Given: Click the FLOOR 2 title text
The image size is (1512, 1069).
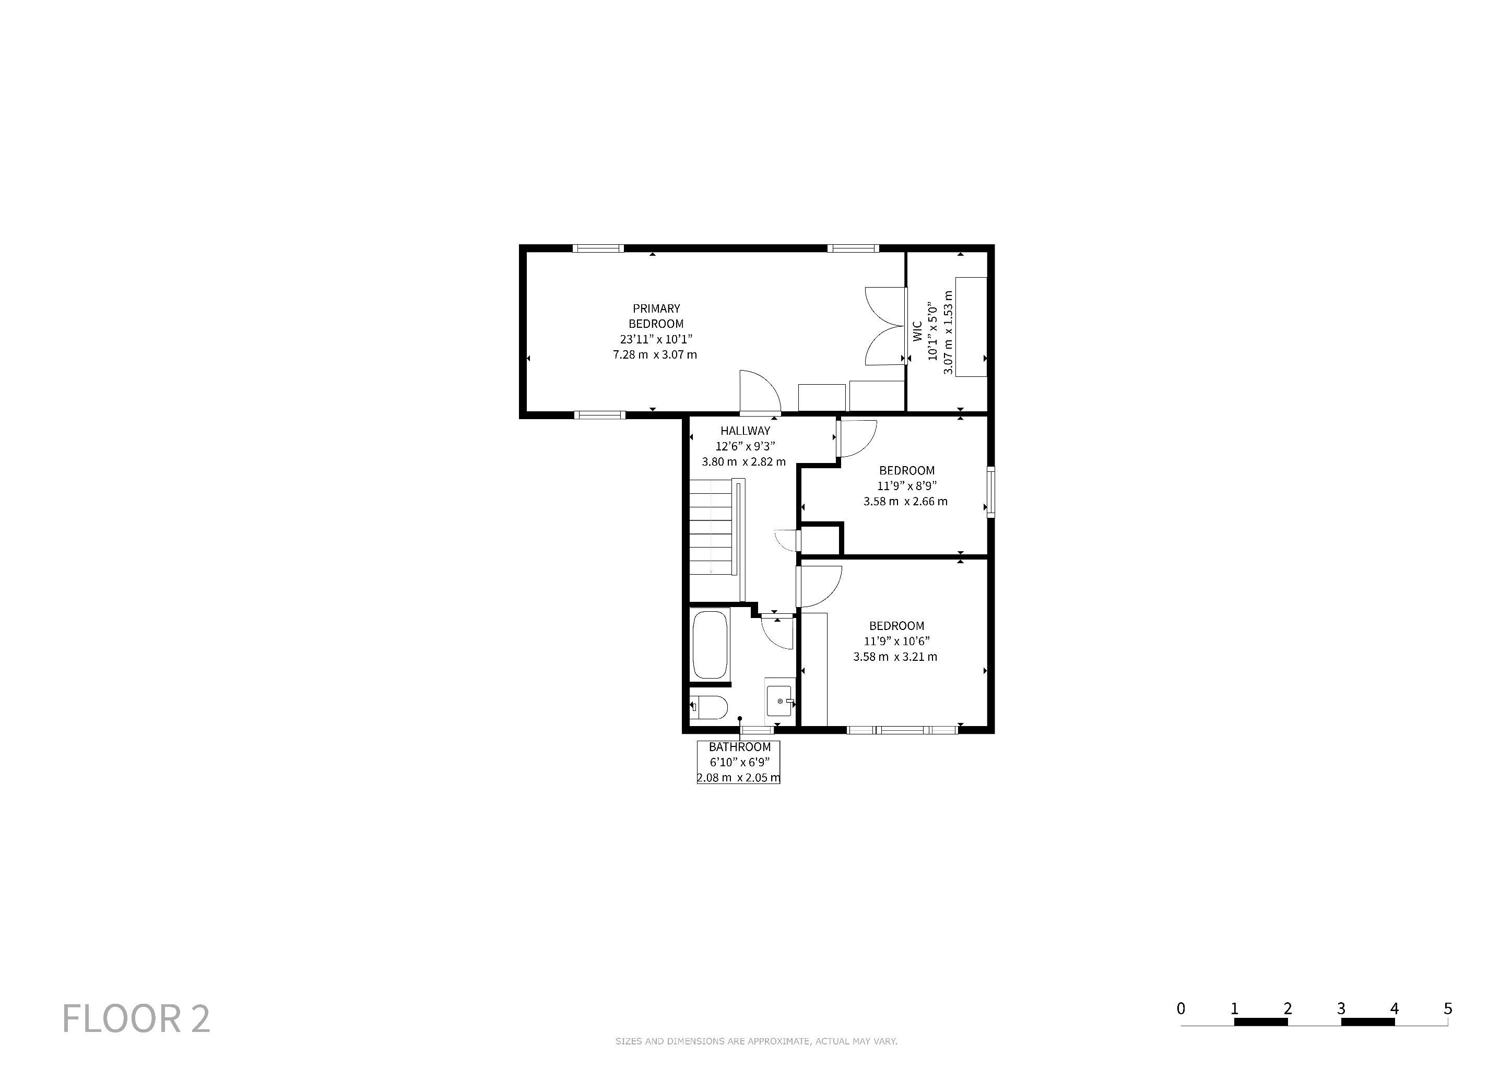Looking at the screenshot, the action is click(136, 1018).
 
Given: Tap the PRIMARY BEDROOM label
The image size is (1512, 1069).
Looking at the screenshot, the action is click(656, 316).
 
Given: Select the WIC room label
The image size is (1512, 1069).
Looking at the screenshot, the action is click(917, 331).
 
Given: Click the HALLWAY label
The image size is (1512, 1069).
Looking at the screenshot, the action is click(745, 431).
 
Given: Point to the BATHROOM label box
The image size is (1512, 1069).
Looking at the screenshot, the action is click(739, 762).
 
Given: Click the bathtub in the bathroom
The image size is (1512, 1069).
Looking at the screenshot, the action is click(711, 645).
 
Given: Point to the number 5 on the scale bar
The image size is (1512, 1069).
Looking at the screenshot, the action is click(1447, 1008).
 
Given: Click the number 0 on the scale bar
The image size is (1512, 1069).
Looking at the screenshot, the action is click(1181, 1008).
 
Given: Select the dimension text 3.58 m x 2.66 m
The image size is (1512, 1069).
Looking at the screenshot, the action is click(905, 502).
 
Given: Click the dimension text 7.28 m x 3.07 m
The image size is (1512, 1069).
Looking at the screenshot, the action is click(655, 355).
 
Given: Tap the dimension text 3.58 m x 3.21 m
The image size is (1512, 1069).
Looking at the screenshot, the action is click(895, 656).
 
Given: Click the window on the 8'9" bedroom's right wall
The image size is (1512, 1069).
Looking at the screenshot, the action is click(990, 492).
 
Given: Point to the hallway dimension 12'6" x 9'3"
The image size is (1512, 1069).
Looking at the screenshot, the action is click(745, 446).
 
